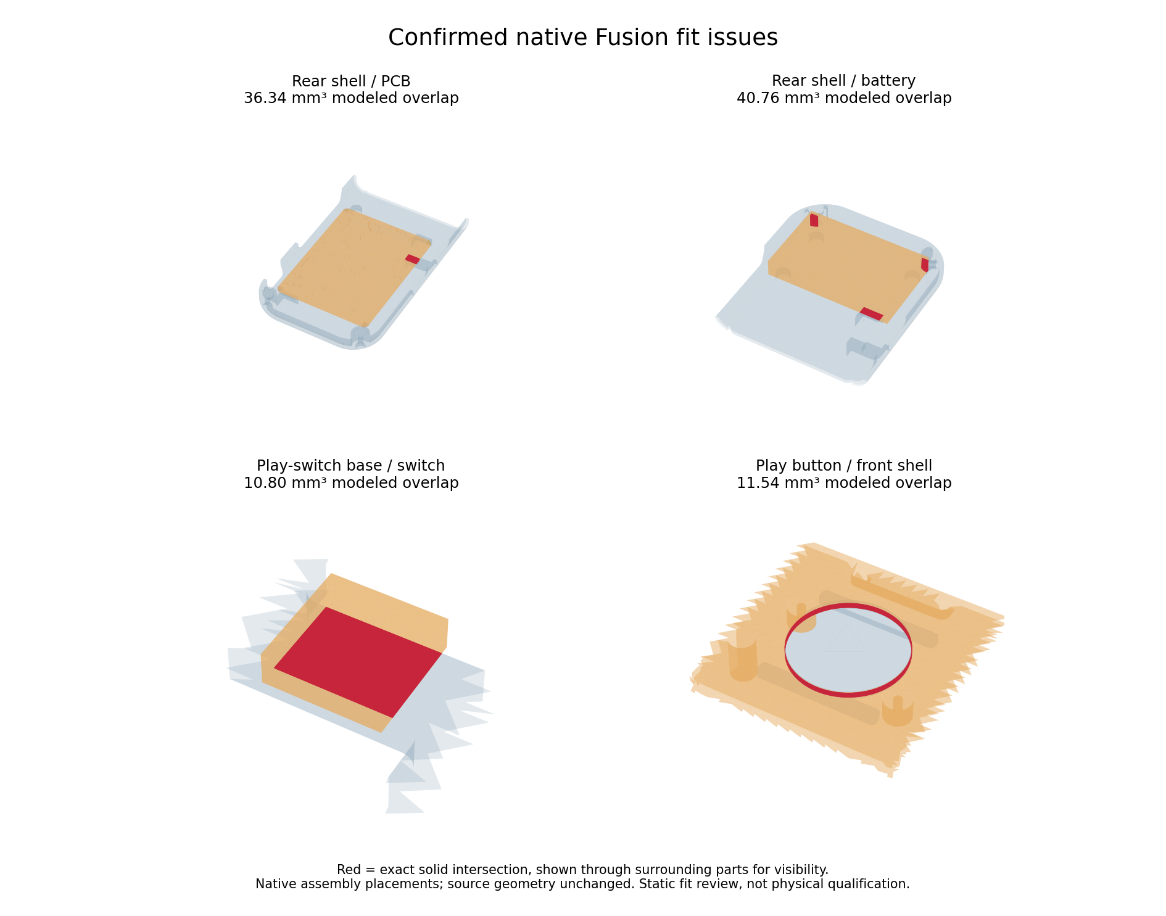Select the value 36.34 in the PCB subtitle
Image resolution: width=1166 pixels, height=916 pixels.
[263, 98]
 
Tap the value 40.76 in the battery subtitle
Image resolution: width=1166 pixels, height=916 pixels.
[756, 98]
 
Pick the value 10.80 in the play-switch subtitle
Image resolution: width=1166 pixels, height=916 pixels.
[263, 483]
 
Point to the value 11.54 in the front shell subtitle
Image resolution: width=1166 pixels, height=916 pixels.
[756, 483]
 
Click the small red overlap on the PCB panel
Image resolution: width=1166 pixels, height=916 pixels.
[412, 259]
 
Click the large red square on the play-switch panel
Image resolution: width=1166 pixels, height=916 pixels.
[358, 662]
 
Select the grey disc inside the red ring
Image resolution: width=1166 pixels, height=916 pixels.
[848, 650]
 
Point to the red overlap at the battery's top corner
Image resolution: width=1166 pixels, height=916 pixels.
[814, 220]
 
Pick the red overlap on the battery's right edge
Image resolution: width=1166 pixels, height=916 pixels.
[925, 265]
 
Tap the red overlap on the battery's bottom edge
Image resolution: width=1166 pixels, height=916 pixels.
[871, 314]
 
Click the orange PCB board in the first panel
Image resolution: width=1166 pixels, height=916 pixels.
[354, 268]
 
